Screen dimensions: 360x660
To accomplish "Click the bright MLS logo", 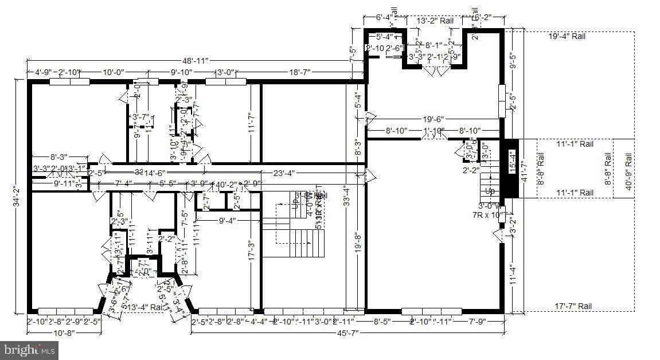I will pyautogui.click(x=30, y=349).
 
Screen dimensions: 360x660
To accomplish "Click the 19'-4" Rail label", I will pyautogui.click(x=567, y=36).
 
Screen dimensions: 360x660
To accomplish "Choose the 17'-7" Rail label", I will pyautogui.click(x=573, y=307).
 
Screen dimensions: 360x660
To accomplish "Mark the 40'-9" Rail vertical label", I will pyautogui.click(x=628, y=171).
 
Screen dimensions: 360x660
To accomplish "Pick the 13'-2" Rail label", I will pyautogui.click(x=435, y=21).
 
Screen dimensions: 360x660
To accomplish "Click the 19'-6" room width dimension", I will pyautogui.click(x=434, y=119).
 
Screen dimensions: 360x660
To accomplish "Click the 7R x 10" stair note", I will pyautogui.click(x=483, y=215).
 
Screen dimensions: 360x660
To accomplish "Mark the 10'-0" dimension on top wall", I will pyautogui.click(x=113, y=72).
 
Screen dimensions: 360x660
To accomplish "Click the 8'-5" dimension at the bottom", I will pyautogui.click(x=381, y=322).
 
